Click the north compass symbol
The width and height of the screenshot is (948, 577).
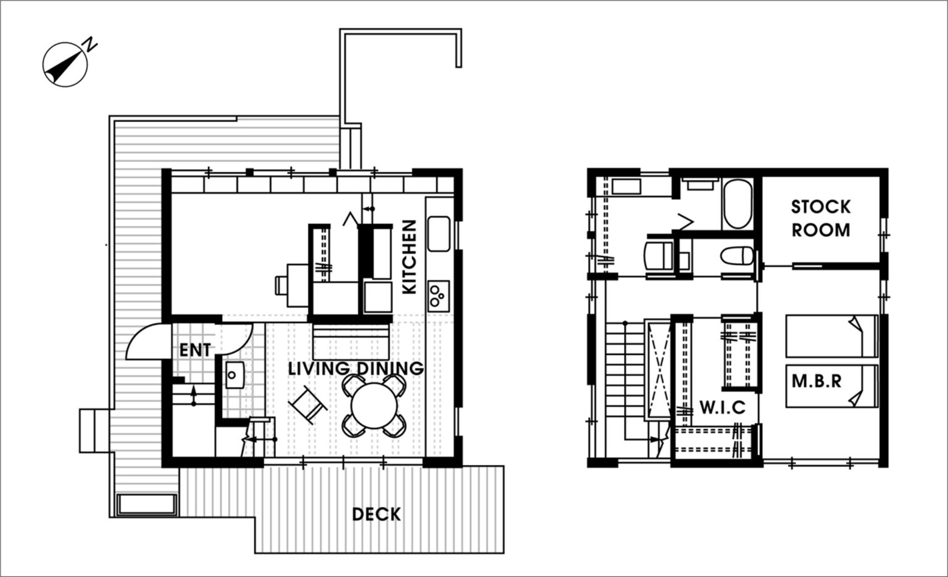tap(65, 65)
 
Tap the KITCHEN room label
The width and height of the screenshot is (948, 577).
tap(409, 256)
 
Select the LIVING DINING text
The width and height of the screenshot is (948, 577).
tap(356, 368)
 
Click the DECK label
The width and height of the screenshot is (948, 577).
tap(376, 514)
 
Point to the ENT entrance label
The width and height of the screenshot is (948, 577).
tap(195, 350)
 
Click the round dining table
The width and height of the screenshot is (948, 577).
tap(374, 406)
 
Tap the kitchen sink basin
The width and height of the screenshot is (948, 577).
tap(439, 234)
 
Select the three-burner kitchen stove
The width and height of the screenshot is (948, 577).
tap(438, 297)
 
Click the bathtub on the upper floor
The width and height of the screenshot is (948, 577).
tap(738, 204)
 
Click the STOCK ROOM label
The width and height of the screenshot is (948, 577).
tap(821, 219)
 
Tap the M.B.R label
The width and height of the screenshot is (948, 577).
tap(817, 382)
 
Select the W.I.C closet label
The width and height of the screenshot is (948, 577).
tap(723, 407)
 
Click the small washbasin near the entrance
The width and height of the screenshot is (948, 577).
tap(235, 375)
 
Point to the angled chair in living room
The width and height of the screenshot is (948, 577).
tap(308, 404)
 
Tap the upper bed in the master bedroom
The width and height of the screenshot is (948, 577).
tap(831, 336)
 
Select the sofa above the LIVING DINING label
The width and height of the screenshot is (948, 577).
tap(351, 342)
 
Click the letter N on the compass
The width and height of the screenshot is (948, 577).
tap(91, 44)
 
